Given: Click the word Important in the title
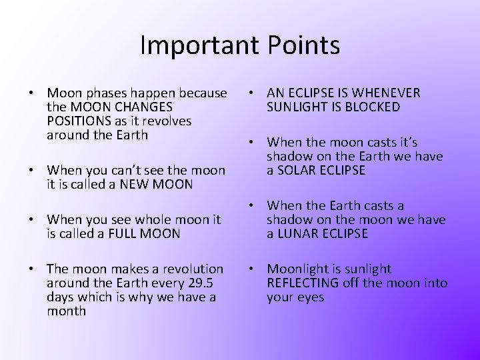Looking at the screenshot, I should [x=195, y=45].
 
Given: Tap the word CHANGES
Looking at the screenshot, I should [x=145, y=107].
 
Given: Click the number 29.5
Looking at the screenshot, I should [x=208, y=283].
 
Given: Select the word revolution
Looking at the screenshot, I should [x=189, y=269].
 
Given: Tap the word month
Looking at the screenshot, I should [x=67, y=311].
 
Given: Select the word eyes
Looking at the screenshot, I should [x=311, y=297].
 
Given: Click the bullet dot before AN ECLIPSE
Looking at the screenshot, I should [x=253, y=93].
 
